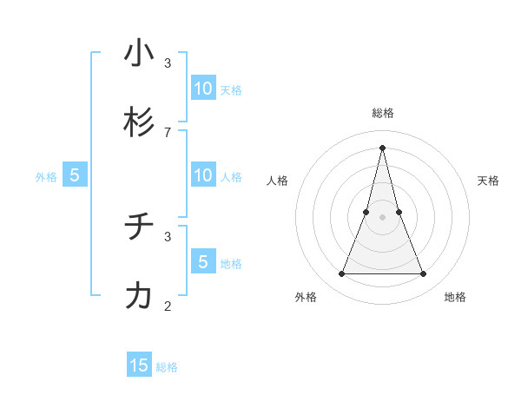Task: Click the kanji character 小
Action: pyautogui.click(x=139, y=53)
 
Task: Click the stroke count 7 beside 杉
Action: pyautogui.click(x=167, y=132)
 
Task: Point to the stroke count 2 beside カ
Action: pyautogui.click(x=167, y=306)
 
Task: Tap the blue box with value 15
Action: pyautogui.click(x=139, y=365)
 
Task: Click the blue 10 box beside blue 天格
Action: pyautogui.click(x=203, y=88)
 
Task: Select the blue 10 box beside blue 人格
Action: pyautogui.click(x=203, y=174)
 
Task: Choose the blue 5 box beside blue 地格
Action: pyautogui.click(x=203, y=261)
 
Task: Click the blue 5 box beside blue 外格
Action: pyautogui.click(x=75, y=174)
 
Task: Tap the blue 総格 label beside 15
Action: pyautogui.click(x=167, y=367)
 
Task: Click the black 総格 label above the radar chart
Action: pyautogui.click(x=382, y=113)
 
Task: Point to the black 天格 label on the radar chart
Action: pyautogui.click(x=489, y=181)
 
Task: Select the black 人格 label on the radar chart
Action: pyautogui.click(x=277, y=181)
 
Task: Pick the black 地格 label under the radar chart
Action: pyautogui.click(x=455, y=297)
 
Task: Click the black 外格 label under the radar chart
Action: pyautogui.click(x=306, y=297)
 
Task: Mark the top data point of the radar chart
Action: pyautogui.click(x=382, y=147)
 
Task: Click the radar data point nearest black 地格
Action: pyautogui.click(x=424, y=274)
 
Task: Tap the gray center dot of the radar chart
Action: pyautogui.click(x=382, y=217)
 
